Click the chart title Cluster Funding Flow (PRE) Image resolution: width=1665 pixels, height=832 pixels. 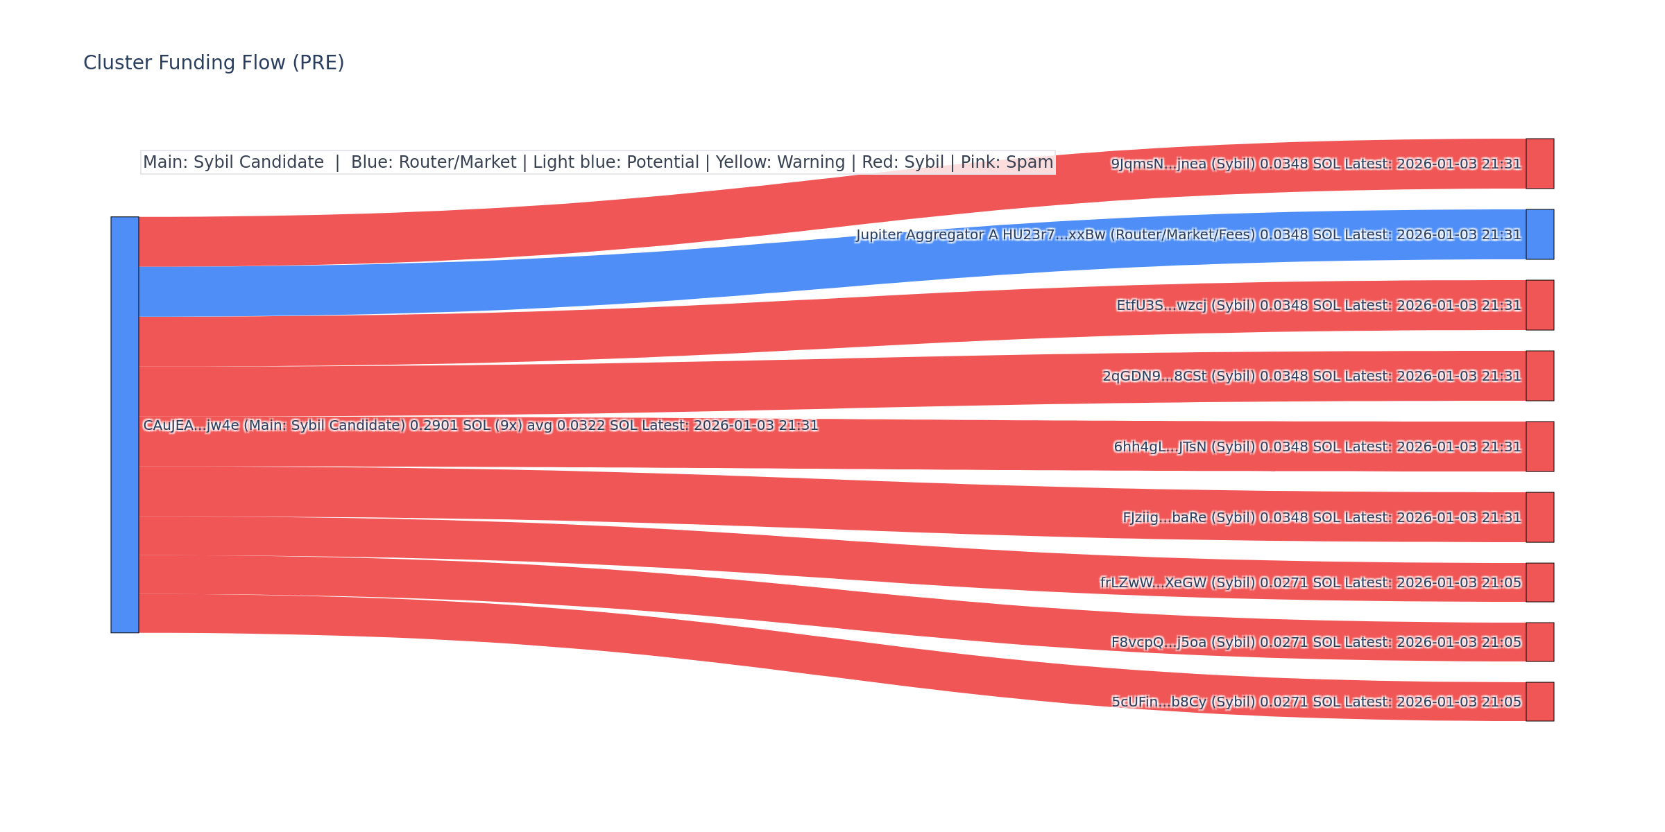[x=214, y=63]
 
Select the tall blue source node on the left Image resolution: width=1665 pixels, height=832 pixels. [x=125, y=424]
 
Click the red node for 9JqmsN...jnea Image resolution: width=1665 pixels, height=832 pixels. [x=1539, y=164]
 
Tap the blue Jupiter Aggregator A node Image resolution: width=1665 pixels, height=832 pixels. [x=1539, y=234]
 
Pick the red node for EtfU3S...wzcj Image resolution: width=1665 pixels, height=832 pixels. [x=1539, y=305]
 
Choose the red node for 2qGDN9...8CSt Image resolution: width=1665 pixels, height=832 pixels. [x=1539, y=376]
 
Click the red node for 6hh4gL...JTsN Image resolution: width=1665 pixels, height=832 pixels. [x=1539, y=447]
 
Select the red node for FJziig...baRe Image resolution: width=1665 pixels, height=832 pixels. [x=1539, y=517]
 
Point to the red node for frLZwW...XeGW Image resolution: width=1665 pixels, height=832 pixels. [x=1539, y=582]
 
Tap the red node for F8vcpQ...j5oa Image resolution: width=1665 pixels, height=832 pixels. [x=1539, y=642]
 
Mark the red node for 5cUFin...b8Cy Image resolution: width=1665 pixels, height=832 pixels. [x=1539, y=702]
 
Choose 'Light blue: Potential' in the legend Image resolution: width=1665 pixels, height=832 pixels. [x=615, y=162]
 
